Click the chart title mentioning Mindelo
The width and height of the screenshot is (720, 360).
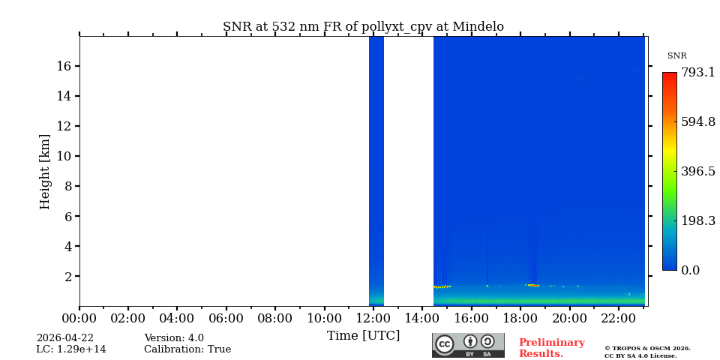363,27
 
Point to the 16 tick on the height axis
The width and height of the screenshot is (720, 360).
63,66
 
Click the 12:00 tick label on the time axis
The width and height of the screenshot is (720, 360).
373,318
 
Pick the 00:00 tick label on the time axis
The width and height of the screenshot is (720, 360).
79,318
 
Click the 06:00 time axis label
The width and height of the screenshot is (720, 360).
226,318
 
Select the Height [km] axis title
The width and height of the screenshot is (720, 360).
45,171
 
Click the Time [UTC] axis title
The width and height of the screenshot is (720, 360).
363,335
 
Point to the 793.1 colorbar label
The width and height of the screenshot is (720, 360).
698,73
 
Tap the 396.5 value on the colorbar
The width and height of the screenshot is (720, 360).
698,171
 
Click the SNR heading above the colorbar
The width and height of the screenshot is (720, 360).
676,56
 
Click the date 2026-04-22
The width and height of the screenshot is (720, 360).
65,338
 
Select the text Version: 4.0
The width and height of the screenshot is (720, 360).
174,338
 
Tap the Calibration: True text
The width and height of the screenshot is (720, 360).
187,349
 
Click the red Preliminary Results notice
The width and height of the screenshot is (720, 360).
551,348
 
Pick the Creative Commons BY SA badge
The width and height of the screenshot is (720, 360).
468,345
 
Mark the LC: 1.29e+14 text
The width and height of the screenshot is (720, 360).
71,349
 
